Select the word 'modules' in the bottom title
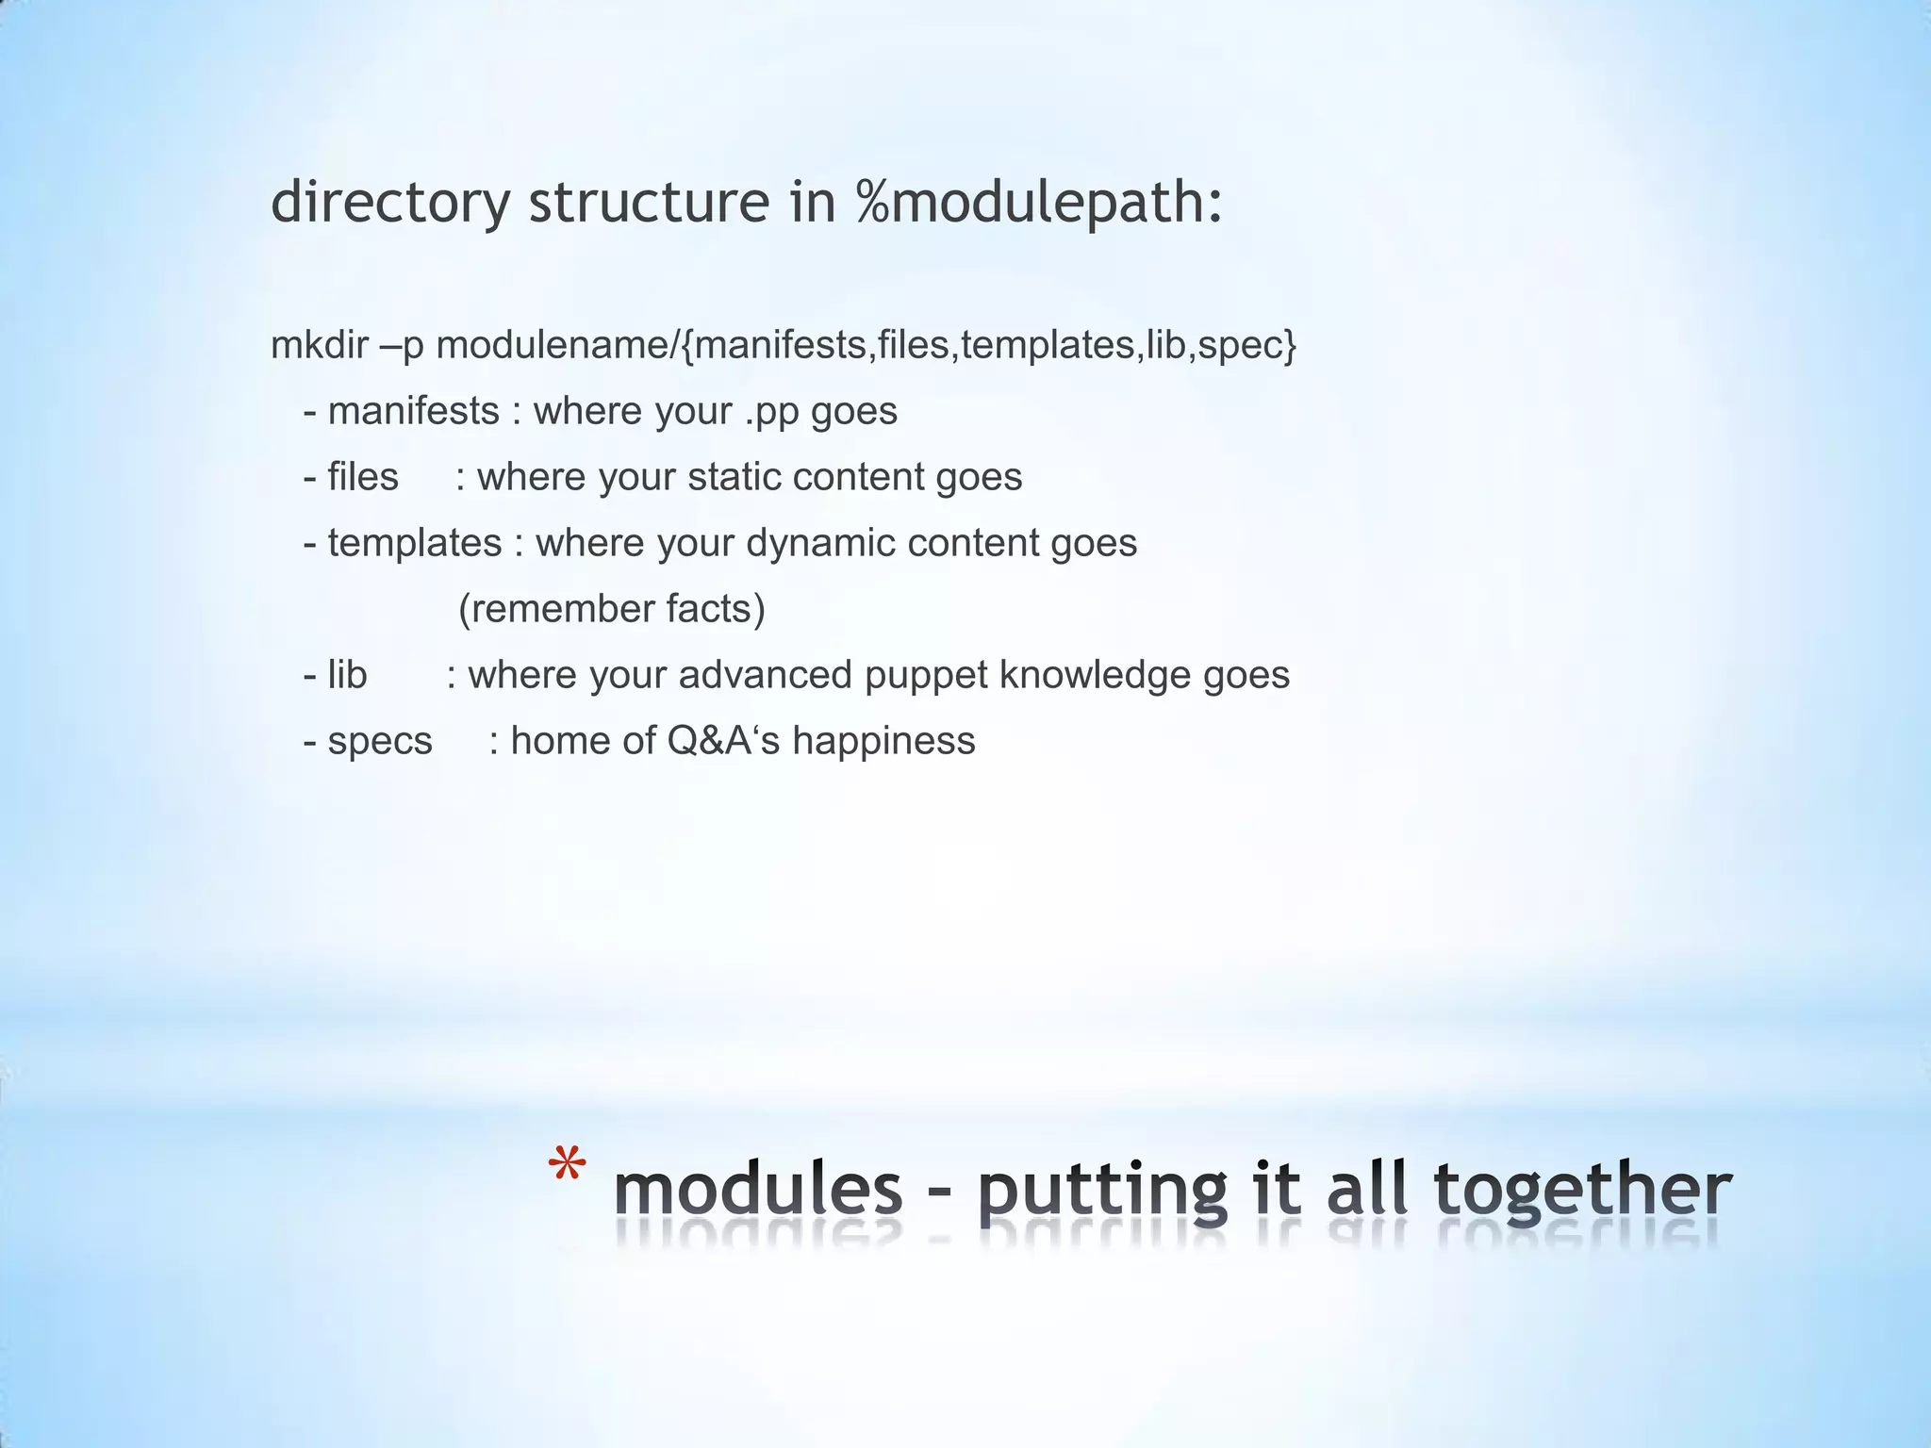pyautogui.click(x=758, y=1190)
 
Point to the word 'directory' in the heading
pyautogui.click(x=389, y=202)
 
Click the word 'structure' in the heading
pyautogui.click(x=649, y=202)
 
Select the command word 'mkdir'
pyautogui.click(x=319, y=345)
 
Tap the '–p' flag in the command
pyautogui.click(x=403, y=347)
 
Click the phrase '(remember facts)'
pyautogui.click(x=611, y=609)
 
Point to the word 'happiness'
pyautogui.click(x=883, y=742)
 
